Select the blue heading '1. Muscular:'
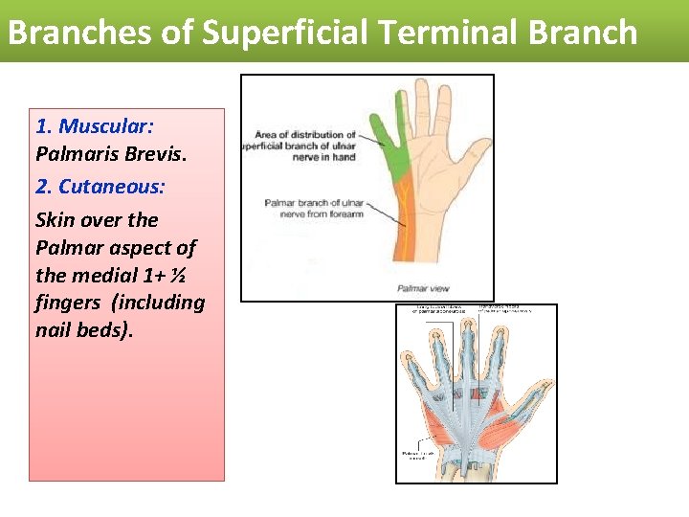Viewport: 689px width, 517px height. pos(95,126)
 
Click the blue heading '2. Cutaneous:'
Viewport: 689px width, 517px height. pos(100,186)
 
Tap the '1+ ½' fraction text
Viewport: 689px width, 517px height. pos(171,275)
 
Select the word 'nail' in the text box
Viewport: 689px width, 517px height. pos(56,330)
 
